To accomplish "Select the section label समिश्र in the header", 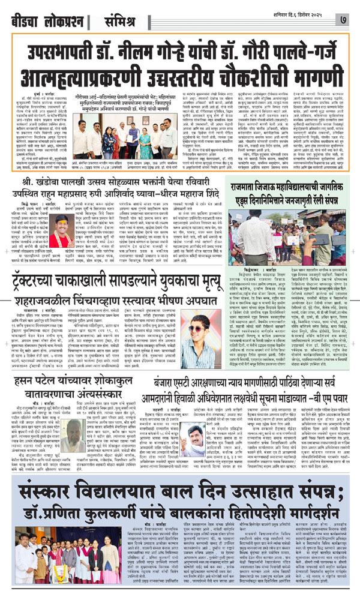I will point(121,12).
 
